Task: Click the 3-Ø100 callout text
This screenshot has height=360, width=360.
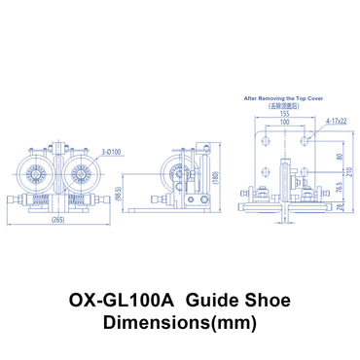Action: [109, 153]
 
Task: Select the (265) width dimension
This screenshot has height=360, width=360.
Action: [57, 220]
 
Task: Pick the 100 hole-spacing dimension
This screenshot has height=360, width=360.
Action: [284, 123]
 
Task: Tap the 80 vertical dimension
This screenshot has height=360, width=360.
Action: [339, 156]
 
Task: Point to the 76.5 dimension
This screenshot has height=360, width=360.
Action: [339, 188]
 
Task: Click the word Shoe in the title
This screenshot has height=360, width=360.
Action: [265, 302]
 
